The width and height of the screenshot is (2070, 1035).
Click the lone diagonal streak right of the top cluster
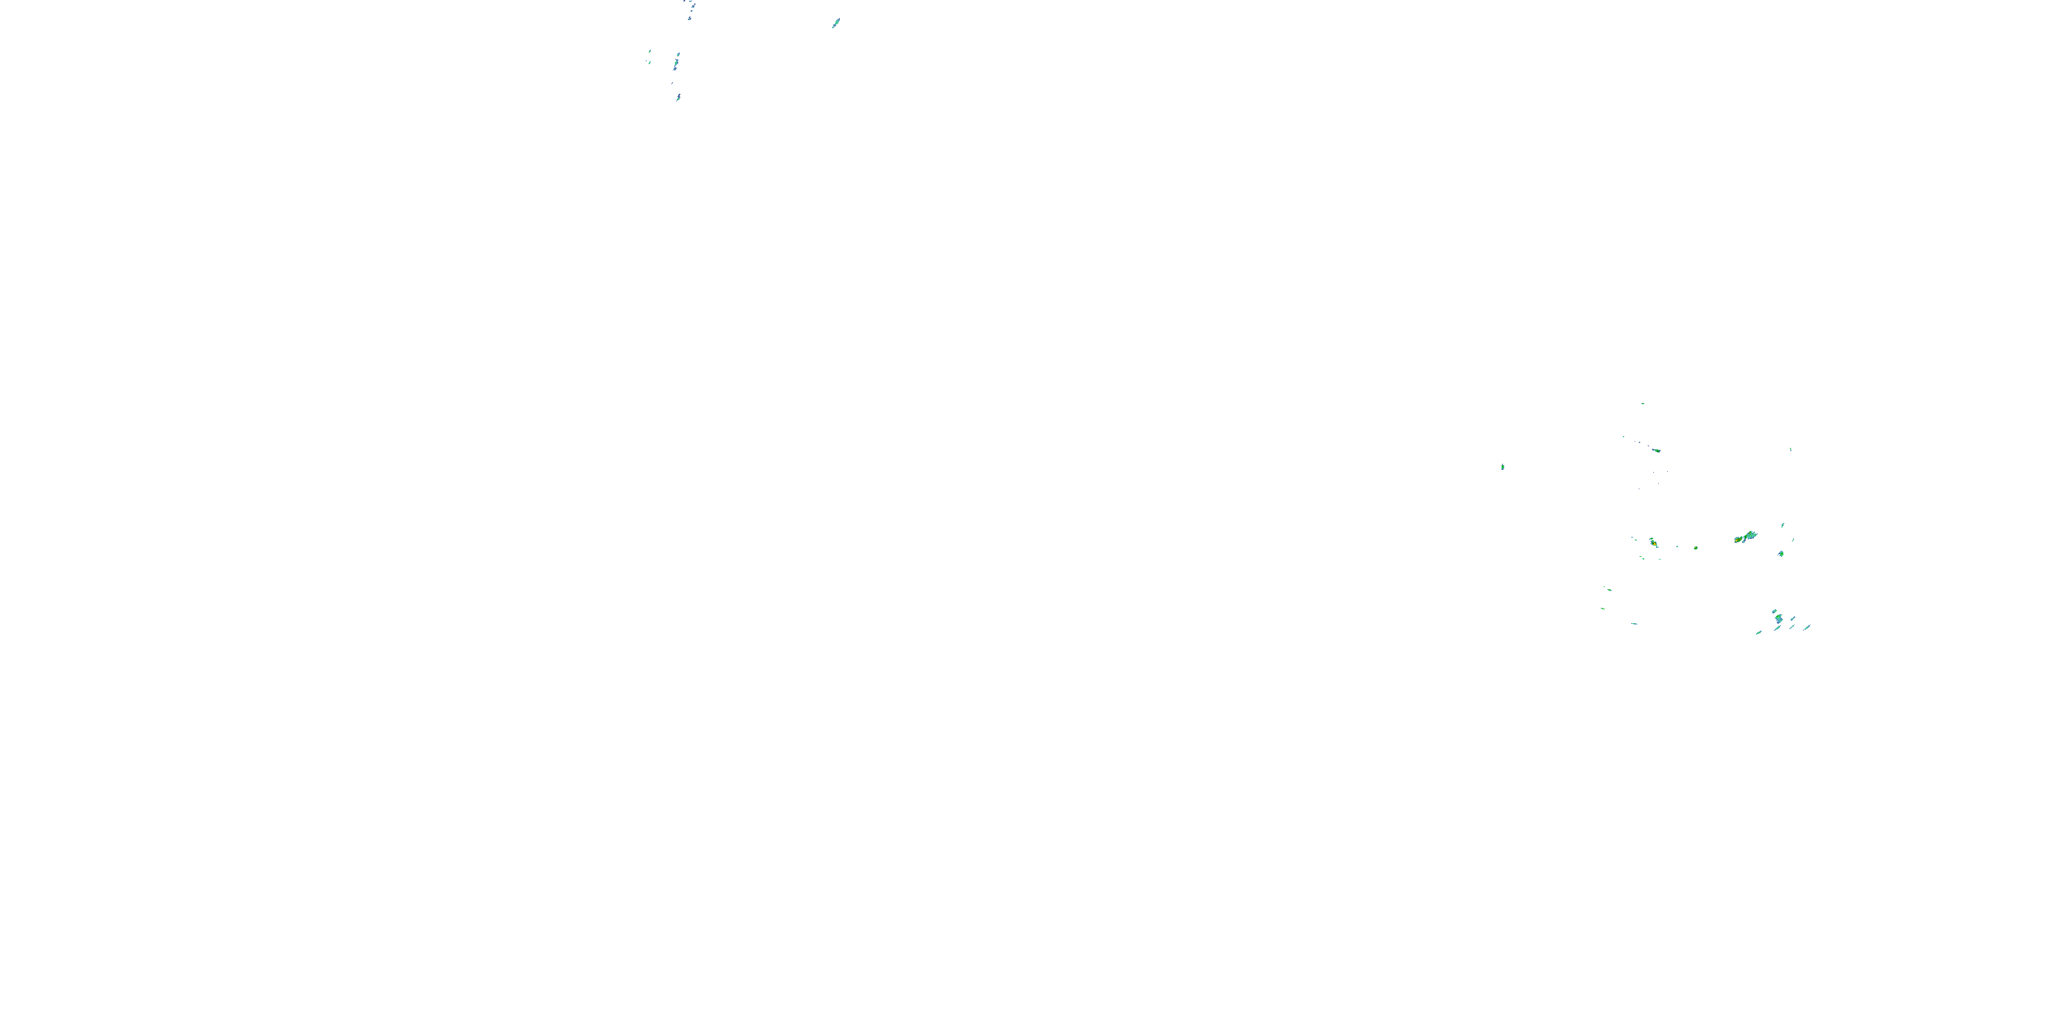(836, 23)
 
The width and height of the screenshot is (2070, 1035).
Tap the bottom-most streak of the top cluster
(678, 97)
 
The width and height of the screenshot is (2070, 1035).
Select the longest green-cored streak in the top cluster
(677, 62)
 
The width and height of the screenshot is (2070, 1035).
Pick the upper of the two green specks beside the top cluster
(650, 52)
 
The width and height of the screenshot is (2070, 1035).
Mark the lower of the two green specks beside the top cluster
(649, 62)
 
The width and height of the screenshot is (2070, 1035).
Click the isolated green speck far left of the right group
(1503, 467)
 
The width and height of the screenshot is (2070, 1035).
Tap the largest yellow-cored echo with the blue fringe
(1746, 536)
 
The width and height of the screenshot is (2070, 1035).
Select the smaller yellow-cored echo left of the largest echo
(1654, 543)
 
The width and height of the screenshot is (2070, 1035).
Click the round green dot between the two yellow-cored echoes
(1695, 548)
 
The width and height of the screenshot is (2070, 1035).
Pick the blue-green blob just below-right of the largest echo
(1781, 553)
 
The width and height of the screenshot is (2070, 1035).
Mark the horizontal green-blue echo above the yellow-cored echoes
(1655, 450)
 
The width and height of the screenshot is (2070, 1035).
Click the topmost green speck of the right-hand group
(1642, 404)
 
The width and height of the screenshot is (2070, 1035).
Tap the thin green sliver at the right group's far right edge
(1791, 449)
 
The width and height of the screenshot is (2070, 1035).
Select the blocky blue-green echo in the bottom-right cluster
(1779, 619)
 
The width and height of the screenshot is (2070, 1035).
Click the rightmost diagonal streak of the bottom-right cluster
(1807, 627)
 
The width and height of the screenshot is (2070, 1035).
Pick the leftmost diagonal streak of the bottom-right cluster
(1758, 633)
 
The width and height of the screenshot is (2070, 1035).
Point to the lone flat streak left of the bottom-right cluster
(1635, 624)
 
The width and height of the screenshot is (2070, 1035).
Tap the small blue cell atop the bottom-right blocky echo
(1775, 611)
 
